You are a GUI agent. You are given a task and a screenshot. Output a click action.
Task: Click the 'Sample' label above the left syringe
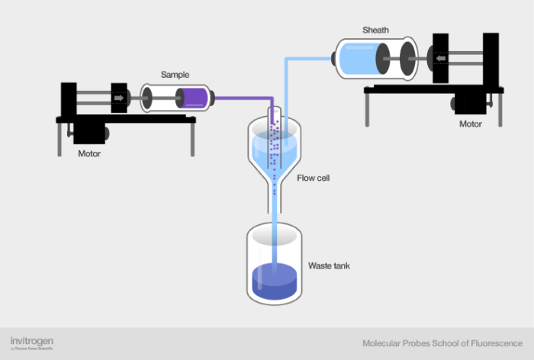tap(175, 75)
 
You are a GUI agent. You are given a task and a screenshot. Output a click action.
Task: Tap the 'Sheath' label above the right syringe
tap(375, 31)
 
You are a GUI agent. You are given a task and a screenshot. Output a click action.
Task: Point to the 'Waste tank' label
tap(329, 265)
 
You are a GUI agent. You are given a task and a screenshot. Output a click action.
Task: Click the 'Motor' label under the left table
tap(90, 153)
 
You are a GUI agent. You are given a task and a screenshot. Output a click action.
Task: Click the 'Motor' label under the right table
tap(470, 124)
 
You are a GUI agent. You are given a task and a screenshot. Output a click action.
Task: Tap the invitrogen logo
tap(31, 341)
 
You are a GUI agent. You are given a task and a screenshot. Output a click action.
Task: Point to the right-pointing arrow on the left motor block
tap(119, 98)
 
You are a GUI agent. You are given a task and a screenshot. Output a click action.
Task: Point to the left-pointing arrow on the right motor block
tap(441, 57)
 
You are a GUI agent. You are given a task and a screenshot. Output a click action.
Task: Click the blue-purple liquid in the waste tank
tap(274, 281)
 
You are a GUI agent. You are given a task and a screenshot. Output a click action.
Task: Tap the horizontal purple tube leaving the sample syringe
tap(240, 97)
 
